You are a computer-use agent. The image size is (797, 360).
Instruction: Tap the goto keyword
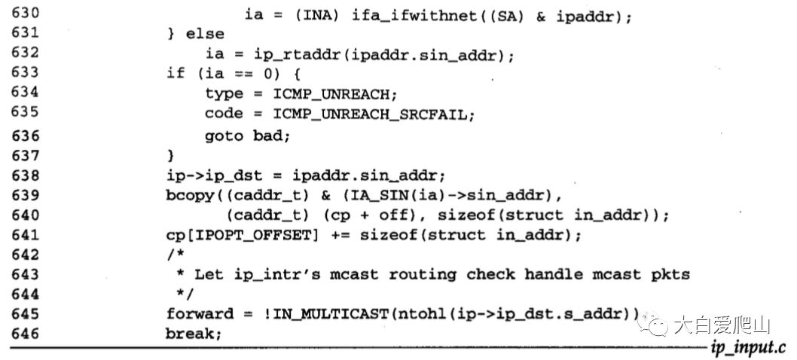[x=224, y=136]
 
